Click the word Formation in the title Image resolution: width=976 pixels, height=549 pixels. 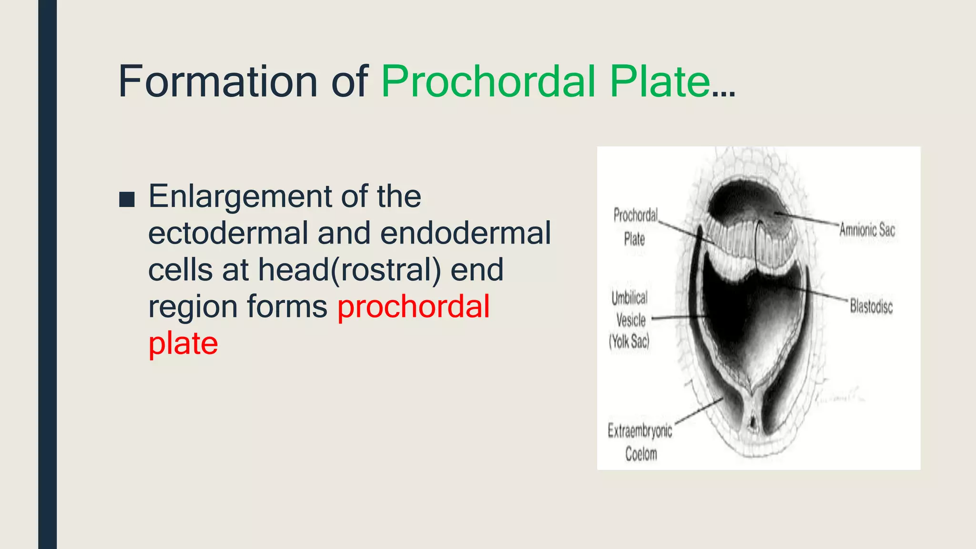coord(217,81)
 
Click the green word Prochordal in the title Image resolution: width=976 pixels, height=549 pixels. coord(488,81)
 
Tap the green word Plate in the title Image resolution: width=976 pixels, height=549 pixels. coord(660,81)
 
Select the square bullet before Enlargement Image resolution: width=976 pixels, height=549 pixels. coord(127,200)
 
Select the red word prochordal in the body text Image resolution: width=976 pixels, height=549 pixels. coord(413,306)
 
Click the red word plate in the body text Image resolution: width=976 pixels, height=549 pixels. coord(183,343)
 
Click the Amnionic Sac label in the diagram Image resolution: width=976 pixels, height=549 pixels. coord(867,230)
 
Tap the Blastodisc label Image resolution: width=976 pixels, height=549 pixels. coord(871,306)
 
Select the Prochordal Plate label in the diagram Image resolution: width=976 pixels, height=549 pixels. coord(635,227)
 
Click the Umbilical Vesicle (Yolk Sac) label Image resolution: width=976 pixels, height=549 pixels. coord(630,320)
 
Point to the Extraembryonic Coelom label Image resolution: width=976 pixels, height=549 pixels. coord(640,442)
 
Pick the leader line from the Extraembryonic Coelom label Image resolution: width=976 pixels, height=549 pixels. coord(698,410)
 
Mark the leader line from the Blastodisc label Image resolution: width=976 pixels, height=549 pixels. coord(820,293)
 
